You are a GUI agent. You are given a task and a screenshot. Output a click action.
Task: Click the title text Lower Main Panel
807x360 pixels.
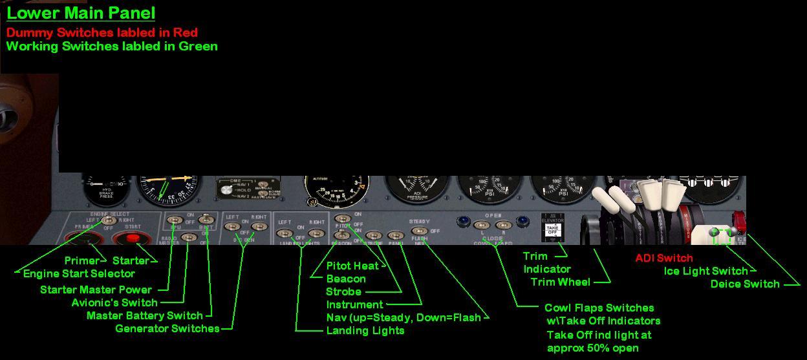[81, 13]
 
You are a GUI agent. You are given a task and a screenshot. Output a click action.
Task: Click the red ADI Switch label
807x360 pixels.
[664, 258]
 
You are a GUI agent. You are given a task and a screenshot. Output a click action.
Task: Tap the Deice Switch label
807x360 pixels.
[745, 284]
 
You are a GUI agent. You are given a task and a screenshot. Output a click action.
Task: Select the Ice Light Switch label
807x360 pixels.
[705, 271]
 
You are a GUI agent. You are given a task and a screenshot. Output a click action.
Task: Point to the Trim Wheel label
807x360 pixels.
[560, 282]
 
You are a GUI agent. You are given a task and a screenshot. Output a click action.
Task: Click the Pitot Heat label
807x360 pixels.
[352, 266]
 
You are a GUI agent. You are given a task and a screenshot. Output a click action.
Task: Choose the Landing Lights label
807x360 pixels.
[365, 330]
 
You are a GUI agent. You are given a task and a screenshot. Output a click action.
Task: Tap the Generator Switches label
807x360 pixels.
[167, 328]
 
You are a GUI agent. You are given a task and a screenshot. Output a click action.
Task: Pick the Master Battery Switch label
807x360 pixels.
[144, 315]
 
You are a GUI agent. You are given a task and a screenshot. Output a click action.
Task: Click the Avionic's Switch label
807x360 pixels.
[114, 302]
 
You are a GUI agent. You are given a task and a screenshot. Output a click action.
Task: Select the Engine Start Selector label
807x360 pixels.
[79, 273]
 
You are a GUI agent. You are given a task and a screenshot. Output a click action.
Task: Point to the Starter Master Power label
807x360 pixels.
[96, 290]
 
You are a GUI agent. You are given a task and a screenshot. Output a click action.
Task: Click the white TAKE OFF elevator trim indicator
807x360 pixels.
[552, 229]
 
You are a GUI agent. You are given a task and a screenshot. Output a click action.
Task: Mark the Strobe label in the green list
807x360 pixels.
[343, 291]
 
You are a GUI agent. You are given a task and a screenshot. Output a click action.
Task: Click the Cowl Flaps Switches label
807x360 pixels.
[599, 308]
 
